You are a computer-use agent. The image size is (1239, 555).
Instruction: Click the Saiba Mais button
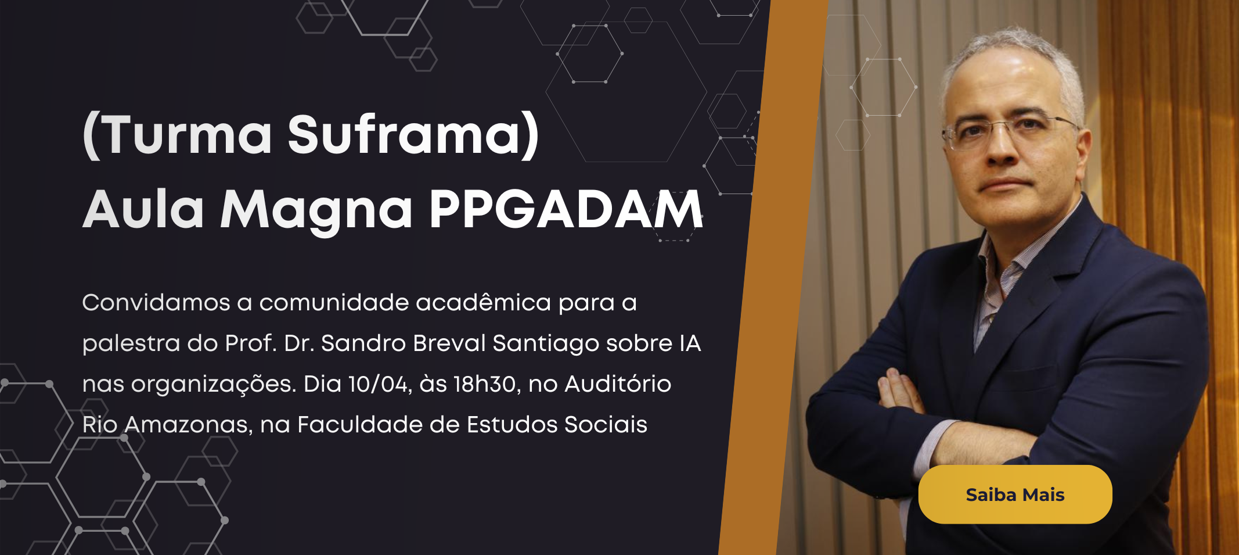(1015, 495)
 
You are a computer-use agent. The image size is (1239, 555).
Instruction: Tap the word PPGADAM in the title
(566, 209)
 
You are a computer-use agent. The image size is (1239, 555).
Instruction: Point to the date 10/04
(380, 384)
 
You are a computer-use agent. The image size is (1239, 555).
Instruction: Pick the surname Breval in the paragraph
(449, 343)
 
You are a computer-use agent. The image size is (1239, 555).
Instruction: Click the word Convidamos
(156, 303)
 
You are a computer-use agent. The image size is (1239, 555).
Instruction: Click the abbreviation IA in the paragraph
(690, 343)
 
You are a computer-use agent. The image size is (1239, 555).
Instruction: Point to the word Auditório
(618, 384)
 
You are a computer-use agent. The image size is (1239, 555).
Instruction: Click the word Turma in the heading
(189, 135)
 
